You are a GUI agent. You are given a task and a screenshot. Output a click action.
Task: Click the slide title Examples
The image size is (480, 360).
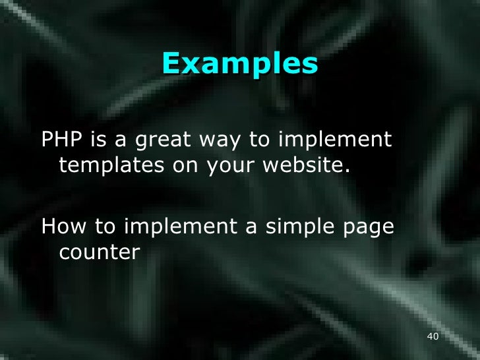[239, 65]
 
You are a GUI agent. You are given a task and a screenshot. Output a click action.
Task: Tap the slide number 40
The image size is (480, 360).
[433, 337]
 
